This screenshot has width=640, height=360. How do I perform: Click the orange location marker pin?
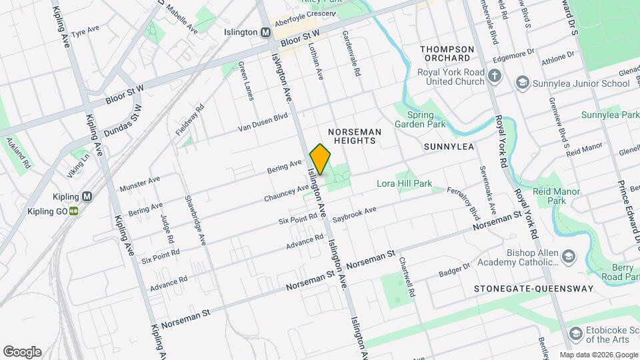(x=320, y=159)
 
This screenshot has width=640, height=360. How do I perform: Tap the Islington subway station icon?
(x=266, y=32)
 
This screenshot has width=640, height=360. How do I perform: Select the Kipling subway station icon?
(x=87, y=197)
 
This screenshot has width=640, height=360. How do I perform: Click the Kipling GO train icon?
(x=74, y=211)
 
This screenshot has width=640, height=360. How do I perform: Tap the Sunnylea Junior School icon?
(x=522, y=83)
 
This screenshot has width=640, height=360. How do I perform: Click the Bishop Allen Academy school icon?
(x=568, y=257)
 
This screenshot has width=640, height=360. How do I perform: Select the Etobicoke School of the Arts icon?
(x=575, y=333)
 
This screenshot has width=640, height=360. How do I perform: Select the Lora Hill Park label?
(x=404, y=183)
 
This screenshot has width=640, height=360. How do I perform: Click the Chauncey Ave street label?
(x=286, y=189)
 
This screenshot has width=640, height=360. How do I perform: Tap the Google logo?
(x=22, y=351)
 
